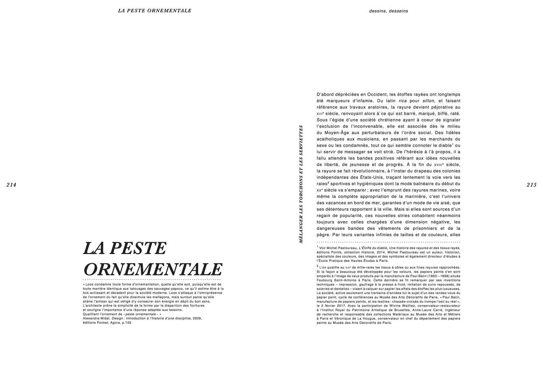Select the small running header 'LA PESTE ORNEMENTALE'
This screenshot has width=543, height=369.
click(x=154, y=11)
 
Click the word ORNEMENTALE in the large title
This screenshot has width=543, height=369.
click(x=153, y=269)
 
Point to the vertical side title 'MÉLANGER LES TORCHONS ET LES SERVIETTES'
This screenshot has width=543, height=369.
click(x=301, y=184)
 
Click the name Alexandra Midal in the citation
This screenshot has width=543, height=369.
click(x=96, y=318)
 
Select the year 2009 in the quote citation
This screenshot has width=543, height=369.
click(x=197, y=318)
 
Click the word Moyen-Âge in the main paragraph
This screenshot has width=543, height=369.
click(x=339, y=132)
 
